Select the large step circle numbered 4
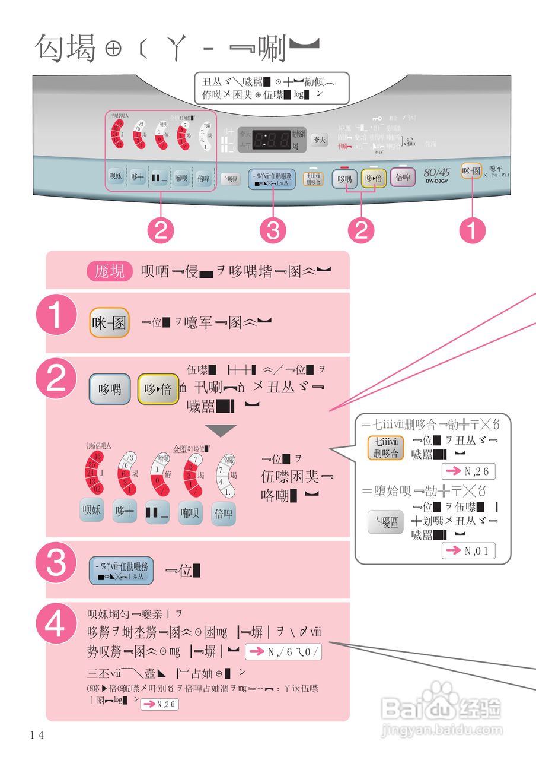pyautogui.click(x=57, y=626)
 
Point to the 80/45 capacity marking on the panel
pyautogui.click(x=438, y=172)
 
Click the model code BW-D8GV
pyautogui.click(x=438, y=182)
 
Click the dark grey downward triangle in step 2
pyautogui.click(x=220, y=430)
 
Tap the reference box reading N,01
pyautogui.click(x=468, y=550)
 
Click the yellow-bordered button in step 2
pyautogui.click(x=158, y=389)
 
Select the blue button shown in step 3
pyautogui.click(x=122, y=571)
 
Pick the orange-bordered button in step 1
pyautogui.click(x=110, y=322)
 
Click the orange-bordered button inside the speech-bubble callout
pyautogui.click(x=384, y=448)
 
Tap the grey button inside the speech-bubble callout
pyautogui.click(x=384, y=523)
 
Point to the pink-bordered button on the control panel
pyautogui.click(x=403, y=178)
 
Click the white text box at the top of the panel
pyautogui.click(x=272, y=88)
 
